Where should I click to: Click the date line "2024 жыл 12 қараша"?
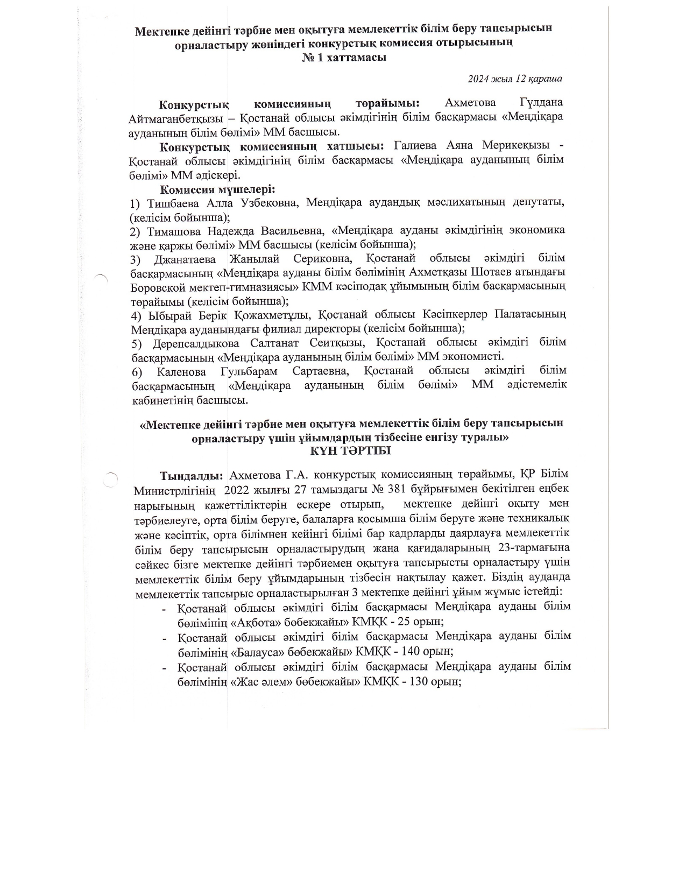coord(515,79)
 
